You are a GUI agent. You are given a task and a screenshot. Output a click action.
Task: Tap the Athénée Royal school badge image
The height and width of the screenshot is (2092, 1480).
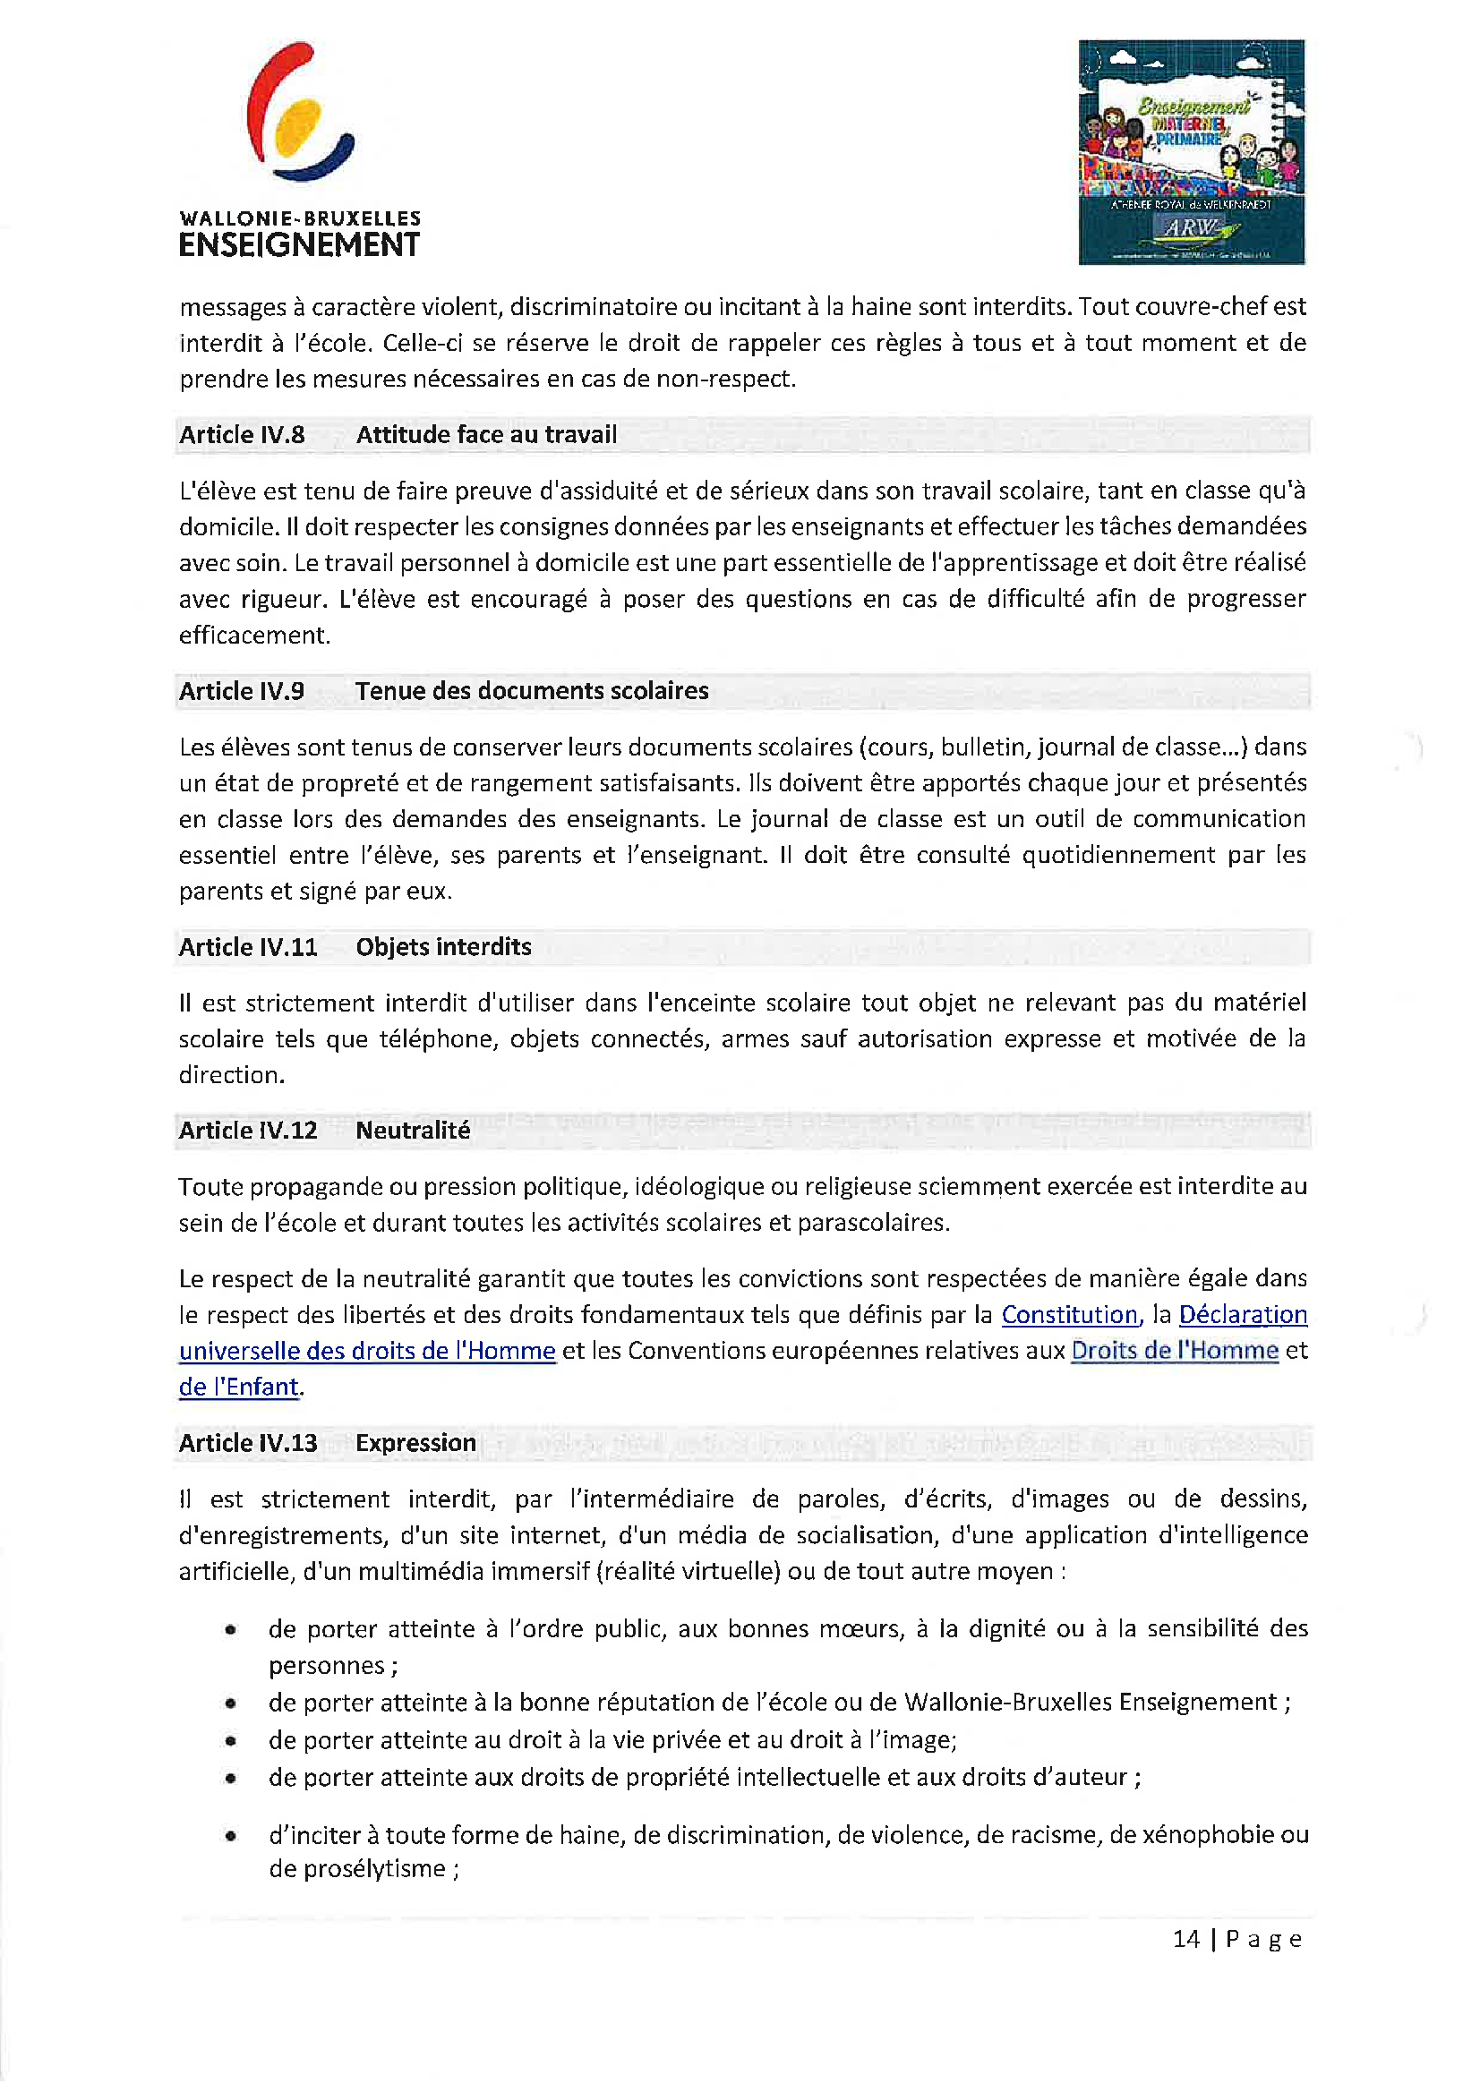[1190, 152]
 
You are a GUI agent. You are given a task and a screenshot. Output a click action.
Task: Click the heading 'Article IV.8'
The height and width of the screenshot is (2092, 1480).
[242, 435]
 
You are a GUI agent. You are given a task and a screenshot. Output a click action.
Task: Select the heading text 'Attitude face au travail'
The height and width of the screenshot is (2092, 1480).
[486, 435]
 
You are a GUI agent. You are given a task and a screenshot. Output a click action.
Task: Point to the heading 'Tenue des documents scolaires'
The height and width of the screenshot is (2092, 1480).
[531, 691]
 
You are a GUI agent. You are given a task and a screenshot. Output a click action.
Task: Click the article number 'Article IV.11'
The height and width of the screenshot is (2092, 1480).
[248, 947]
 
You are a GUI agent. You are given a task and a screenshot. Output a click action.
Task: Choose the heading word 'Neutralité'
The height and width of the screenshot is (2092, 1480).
[413, 1130]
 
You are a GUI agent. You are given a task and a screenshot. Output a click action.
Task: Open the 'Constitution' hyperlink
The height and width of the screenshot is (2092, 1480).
[1069, 1315]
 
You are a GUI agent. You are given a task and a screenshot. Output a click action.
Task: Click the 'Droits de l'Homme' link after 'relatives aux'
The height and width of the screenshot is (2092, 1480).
[1174, 1350]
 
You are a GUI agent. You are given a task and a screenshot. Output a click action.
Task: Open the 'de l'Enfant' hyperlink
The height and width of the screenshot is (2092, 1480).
[239, 1387]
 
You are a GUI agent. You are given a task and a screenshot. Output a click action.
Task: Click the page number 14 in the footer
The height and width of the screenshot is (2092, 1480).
[1185, 1938]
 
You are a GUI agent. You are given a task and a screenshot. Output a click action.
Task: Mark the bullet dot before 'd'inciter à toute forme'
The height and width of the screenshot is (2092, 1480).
[232, 1836]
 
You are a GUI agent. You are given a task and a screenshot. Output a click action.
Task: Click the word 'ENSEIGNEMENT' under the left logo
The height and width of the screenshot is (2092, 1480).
[299, 245]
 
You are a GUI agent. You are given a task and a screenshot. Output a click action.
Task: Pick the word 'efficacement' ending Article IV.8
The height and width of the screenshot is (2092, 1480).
[252, 635]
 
